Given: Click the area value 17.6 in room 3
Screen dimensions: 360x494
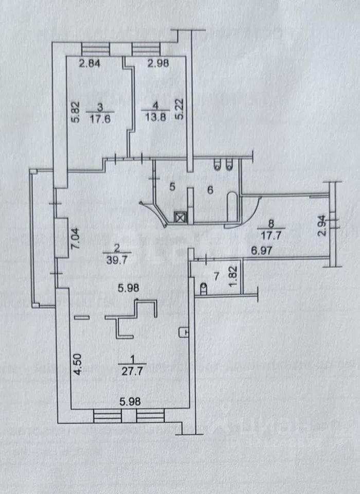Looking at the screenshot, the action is [100, 117].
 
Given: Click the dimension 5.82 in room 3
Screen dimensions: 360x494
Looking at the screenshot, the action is [74, 111].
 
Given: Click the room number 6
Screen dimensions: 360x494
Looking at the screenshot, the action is [210, 189].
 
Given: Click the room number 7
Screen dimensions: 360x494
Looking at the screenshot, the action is [216, 276].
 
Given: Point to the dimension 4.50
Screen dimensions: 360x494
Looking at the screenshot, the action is [77, 364].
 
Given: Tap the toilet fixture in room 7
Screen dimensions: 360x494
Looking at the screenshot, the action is [203, 290].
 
